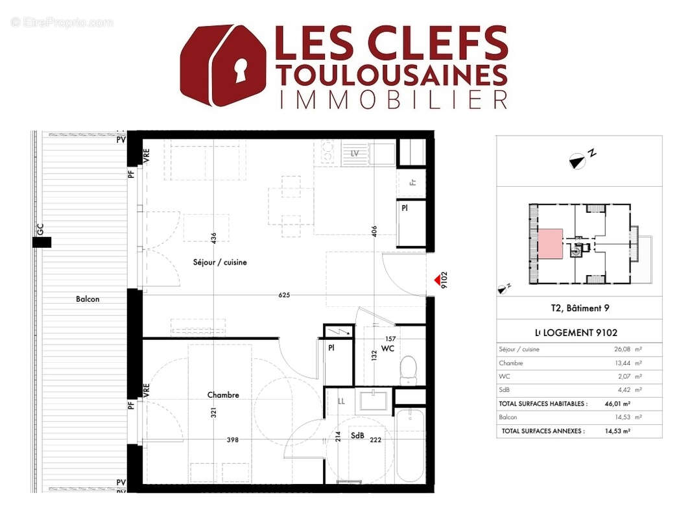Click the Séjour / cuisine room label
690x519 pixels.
[220, 263]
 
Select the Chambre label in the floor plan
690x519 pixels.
[223, 394]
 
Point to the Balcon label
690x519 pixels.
[88, 299]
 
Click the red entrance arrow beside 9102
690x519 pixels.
[436, 280]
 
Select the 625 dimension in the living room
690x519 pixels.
[284, 295]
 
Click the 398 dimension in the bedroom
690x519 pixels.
[232, 440]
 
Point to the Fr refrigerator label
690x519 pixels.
[412, 182]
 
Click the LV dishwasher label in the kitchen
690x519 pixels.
[355, 154]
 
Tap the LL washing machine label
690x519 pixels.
[341, 402]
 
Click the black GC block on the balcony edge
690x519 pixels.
[42, 242]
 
